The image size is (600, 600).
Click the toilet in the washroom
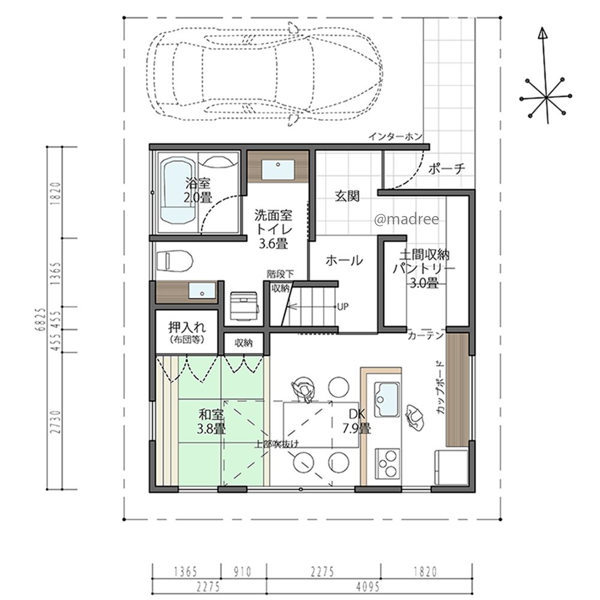point(175,260)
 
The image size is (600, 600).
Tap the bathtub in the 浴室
point(178,191)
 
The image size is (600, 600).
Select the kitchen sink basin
point(387,399)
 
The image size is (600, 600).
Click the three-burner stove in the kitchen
point(387,463)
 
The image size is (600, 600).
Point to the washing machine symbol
point(244,306)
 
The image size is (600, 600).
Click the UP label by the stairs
point(343,307)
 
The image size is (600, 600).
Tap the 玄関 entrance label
point(347,196)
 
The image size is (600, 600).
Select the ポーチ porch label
point(447,168)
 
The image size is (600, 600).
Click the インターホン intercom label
point(395,136)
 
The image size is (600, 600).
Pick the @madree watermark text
point(406,219)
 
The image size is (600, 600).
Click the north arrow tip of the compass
point(542,28)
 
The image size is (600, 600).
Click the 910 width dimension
point(242,572)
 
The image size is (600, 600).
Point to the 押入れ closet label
point(187,327)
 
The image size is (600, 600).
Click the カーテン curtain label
point(425,336)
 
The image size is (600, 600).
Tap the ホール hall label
point(344,260)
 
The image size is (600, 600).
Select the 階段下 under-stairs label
point(280,274)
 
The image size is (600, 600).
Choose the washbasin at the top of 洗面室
point(278,170)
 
